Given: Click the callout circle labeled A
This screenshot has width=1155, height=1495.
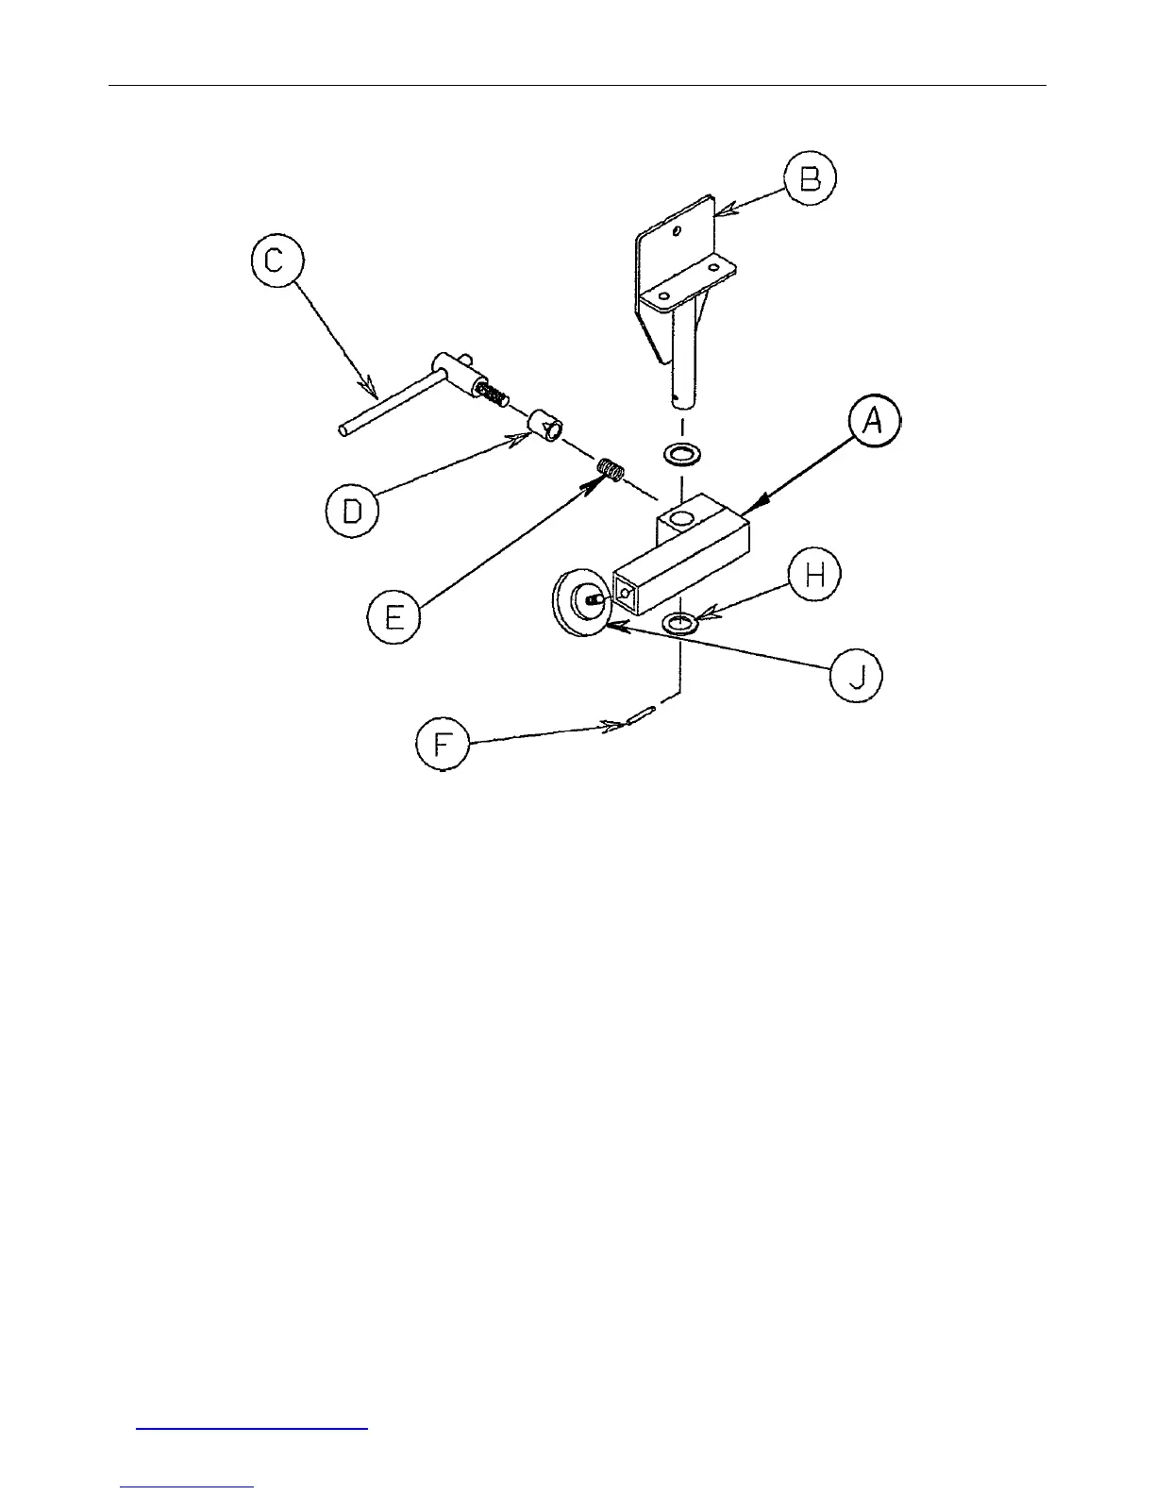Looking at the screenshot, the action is pyautogui.click(x=873, y=422).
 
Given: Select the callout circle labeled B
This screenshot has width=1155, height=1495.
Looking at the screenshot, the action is pyautogui.click(x=810, y=180).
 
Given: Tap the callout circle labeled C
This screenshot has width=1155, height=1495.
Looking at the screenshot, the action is pyautogui.click(x=275, y=260).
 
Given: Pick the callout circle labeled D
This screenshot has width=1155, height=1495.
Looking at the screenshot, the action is pyautogui.click(x=352, y=511).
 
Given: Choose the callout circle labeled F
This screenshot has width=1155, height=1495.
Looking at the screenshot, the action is pyautogui.click(x=443, y=744).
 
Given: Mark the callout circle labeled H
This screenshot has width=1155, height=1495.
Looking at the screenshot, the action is pyautogui.click(x=814, y=575).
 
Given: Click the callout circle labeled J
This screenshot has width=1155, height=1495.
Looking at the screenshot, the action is pyautogui.click(x=856, y=677).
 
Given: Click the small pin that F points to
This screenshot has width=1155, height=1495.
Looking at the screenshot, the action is pyautogui.click(x=639, y=717).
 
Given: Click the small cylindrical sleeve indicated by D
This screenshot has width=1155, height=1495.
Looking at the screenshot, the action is pyautogui.click(x=544, y=425).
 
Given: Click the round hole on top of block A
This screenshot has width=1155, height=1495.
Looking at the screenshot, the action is pyautogui.click(x=679, y=518).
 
